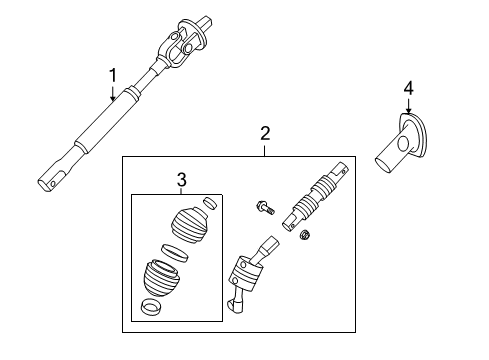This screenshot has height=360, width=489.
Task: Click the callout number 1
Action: (113, 74)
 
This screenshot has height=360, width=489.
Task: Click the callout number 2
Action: (265, 133)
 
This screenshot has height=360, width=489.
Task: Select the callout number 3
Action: (181, 179)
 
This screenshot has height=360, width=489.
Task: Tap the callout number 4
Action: (408, 90)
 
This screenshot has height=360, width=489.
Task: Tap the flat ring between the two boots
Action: (171, 251)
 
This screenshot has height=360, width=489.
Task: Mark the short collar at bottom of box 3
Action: (151, 307)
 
